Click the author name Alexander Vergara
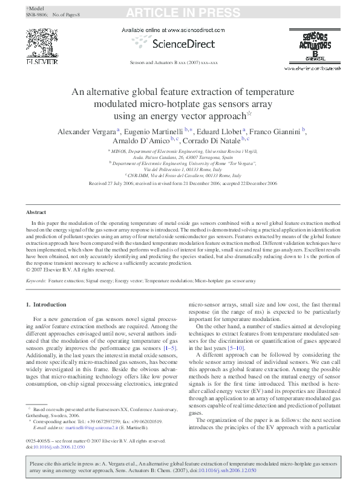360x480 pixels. click(x=87, y=131)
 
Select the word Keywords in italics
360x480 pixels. click(x=36, y=281)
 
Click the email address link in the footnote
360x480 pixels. click(x=93, y=427)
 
